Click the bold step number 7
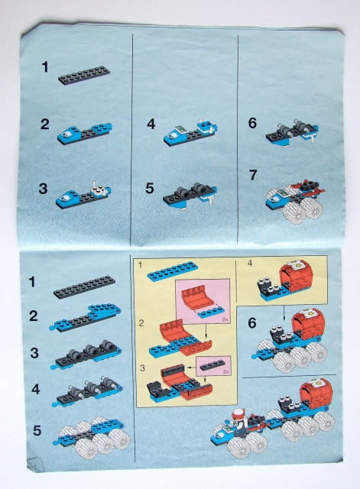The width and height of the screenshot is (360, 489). [252, 175]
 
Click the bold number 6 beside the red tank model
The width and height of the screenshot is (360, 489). [251, 323]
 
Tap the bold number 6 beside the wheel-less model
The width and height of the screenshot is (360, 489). [252, 122]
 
